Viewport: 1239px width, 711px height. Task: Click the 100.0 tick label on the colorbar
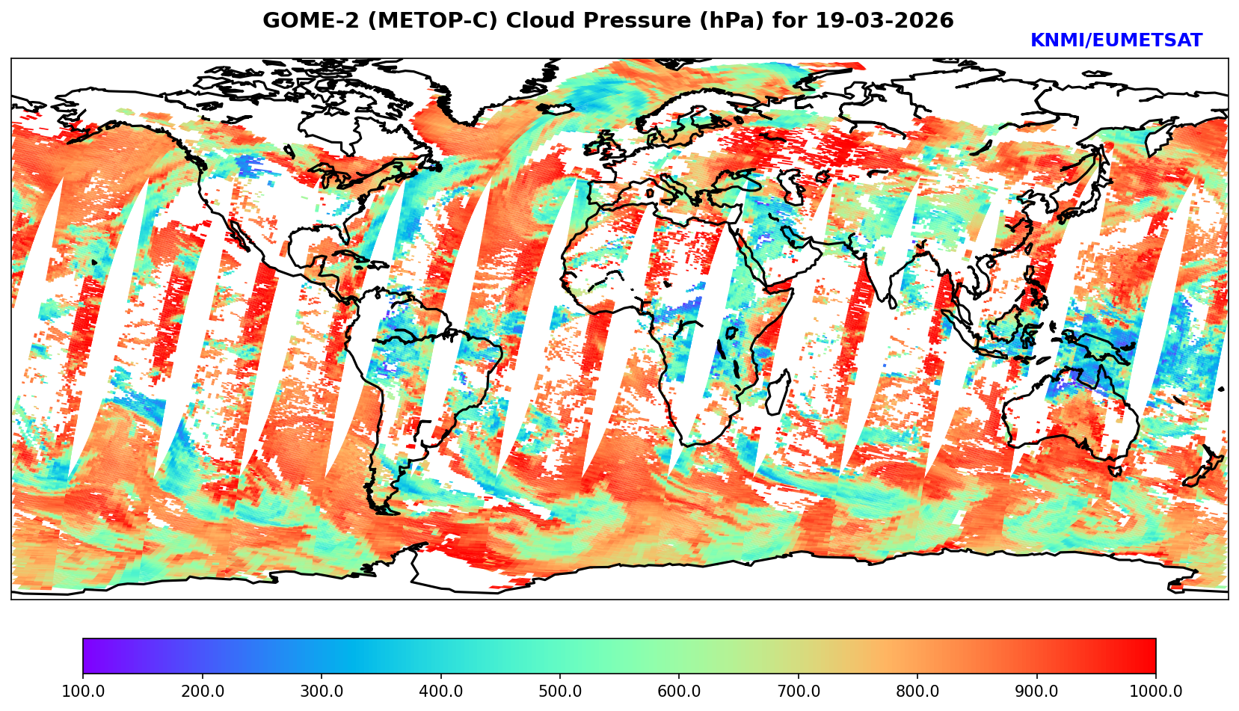pyautogui.click(x=82, y=692)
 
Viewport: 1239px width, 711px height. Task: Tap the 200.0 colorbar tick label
pyautogui.click(x=202, y=692)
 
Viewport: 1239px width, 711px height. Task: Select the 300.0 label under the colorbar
pyautogui.click(x=321, y=692)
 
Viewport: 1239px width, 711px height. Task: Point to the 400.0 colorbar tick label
pyautogui.click(x=440, y=692)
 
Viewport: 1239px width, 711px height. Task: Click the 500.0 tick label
pyautogui.click(x=559, y=692)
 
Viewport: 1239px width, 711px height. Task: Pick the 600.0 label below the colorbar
pyautogui.click(x=679, y=692)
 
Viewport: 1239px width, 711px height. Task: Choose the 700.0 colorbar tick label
pyautogui.click(x=798, y=692)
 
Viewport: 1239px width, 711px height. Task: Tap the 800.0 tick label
pyautogui.click(x=917, y=692)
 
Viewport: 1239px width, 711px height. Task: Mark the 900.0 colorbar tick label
pyautogui.click(x=1036, y=692)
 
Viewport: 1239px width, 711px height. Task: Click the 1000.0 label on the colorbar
pyautogui.click(x=1155, y=692)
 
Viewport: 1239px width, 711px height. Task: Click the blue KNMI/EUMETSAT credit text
pyautogui.click(x=1116, y=41)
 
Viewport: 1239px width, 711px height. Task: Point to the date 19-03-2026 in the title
pyautogui.click(x=885, y=21)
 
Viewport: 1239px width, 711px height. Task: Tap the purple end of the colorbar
pyautogui.click(x=88, y=656)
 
